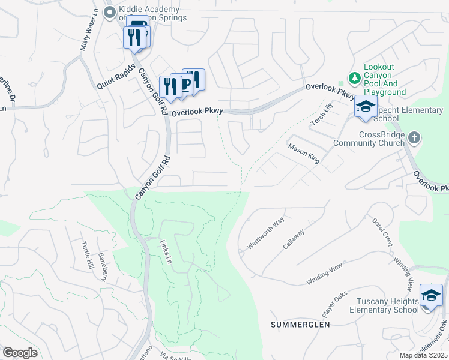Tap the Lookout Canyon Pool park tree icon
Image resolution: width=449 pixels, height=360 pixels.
354,78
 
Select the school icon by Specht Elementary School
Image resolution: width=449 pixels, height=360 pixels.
365,107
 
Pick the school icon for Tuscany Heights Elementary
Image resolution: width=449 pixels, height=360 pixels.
430,295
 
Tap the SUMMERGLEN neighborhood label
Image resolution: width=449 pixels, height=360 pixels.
300,325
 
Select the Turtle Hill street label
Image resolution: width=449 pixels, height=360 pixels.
88,256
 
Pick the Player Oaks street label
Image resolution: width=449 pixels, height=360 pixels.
336,304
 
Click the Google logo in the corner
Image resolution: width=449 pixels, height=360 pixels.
20,352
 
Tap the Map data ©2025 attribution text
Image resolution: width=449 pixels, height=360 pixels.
423,355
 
